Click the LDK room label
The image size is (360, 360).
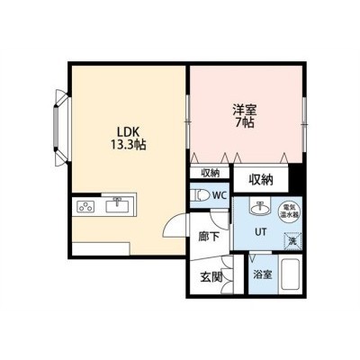pos(129,132)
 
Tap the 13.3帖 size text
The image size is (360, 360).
pos(129,145)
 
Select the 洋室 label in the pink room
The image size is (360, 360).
pos(245,110)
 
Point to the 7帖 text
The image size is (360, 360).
pos(245,122)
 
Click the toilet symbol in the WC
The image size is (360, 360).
pos(201,195)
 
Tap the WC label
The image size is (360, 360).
pos(219,195)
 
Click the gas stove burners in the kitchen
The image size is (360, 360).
pos(85,206)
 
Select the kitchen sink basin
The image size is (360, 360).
pos(117,206)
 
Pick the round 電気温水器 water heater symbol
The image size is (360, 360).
pos(290,211)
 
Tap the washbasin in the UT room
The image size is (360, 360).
pos(260,207)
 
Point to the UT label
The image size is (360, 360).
pos(260,232)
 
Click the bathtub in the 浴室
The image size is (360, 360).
pos(290,274)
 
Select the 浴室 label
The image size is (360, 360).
pos(263,274)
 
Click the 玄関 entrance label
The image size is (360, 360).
pos(211,278)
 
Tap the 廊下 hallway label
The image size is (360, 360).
pos(209,237)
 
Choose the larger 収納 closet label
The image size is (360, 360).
pos(261,179)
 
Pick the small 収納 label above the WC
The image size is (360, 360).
pos(211,173)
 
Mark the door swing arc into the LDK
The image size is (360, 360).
pos(171,223)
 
